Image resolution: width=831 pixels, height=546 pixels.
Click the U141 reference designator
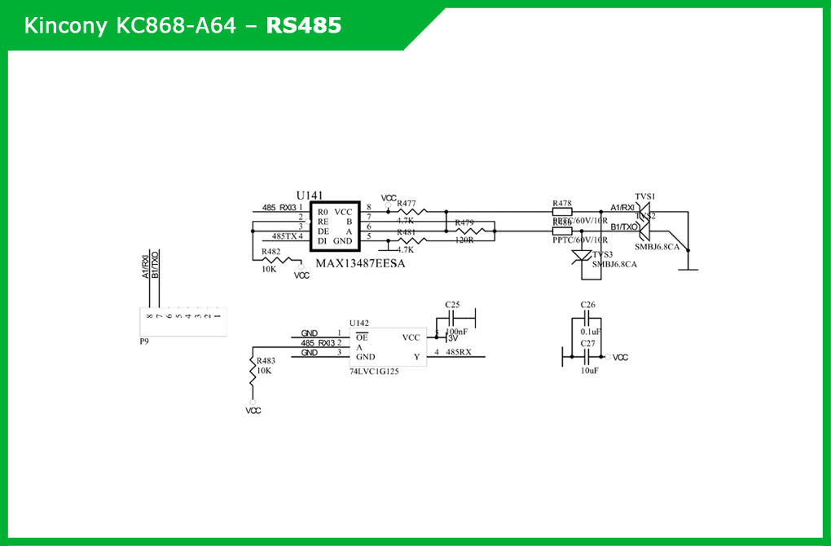pyautogui.click(x=310, y=196)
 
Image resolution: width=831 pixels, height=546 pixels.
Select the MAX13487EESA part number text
pyautogui.click(x=360, y=264)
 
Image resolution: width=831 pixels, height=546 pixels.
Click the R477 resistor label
pyautogui.click(x=407, y=204)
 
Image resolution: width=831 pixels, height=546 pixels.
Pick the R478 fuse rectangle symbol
pyautogui.click(x=562, y=212)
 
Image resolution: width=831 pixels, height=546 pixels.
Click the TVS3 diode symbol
pyautogui.click(x=582, y=256)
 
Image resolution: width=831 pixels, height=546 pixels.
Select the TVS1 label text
pyautogui.click(x=645, y=196)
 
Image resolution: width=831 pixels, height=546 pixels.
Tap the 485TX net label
pyautogui.click(x=284, y=236)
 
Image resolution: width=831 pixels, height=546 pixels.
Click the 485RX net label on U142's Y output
pyautogui.click(x=459, y=352)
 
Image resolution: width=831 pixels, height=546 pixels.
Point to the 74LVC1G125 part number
pyautogui.click(x=376, y=372)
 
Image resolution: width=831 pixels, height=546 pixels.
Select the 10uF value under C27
pyautogui.click(x=590, y=370)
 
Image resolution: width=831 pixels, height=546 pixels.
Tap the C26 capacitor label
pyautogui.click(x=588, y=305)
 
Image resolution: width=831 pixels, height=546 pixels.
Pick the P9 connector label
pyautogui.click(x=144, y=341)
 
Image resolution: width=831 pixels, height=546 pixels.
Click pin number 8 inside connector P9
pyautogui.click(x=149, y=316)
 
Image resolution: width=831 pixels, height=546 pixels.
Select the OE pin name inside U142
pyautogui.click(x=362, y=337)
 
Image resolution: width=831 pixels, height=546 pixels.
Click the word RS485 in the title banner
pyautogui.click(x=304, y=26)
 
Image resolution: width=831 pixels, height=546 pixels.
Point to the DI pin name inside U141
pyautogui.click(x=323, y=241)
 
